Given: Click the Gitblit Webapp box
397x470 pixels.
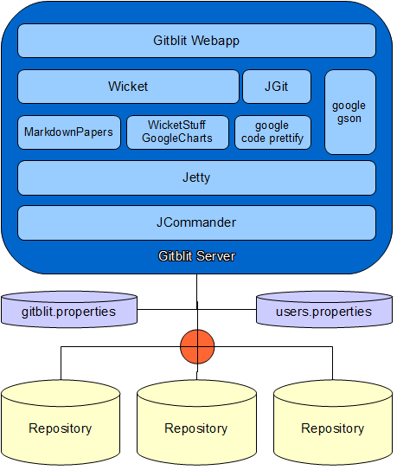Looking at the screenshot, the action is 196,41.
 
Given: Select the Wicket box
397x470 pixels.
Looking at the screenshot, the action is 128,87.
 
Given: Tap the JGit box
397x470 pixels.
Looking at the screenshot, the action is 277,87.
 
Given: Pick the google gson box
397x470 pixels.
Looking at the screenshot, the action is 350,113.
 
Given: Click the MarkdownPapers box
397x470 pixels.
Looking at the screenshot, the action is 69,132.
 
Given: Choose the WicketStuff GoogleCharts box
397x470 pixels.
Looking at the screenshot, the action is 177,132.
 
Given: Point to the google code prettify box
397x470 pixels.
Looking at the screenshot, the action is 272,132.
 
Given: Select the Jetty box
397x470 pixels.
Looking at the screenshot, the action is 196,177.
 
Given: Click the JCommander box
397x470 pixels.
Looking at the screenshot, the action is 196,222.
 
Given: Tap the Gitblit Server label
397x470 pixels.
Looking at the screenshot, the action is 197,256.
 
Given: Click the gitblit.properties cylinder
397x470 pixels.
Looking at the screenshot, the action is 69,309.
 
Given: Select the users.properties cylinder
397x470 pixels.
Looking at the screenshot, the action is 324,309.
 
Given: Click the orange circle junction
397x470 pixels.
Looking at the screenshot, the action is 197,347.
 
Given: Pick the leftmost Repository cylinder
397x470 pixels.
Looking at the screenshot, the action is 61,422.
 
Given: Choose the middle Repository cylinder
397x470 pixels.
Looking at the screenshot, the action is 197,422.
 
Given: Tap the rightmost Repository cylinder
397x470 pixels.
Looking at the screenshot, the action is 333,422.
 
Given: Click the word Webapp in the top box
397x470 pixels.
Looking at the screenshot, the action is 215,41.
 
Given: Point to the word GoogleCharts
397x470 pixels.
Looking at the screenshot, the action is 177,138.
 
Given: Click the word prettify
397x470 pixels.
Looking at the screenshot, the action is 286,138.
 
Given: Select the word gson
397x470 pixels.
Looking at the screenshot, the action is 349,119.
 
